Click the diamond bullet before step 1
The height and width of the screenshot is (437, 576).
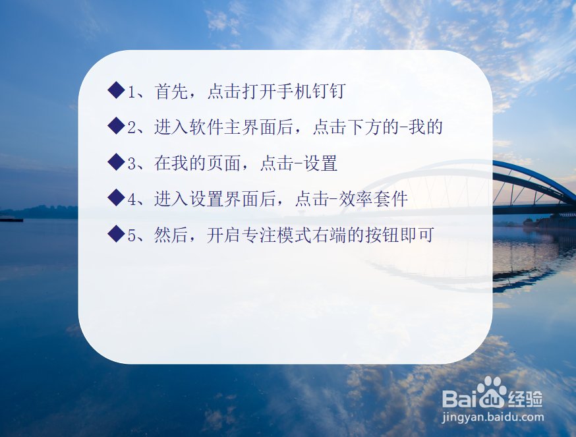[x=116, y=90]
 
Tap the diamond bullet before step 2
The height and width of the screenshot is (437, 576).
[x=116, y=126]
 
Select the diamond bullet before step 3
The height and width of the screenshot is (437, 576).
[x=116, y=161]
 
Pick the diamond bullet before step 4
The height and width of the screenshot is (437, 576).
[x=116, y=198]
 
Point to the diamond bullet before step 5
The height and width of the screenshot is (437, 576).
[x=116, y=234]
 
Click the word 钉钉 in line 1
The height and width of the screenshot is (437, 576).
[x=329, y=91]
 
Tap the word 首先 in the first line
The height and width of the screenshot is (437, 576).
[x=171, y=91]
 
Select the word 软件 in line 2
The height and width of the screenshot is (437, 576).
[x=207, y=127]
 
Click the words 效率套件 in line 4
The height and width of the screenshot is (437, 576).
[x=373, y=199]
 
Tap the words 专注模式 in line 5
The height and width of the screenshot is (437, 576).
[x=277, y=235]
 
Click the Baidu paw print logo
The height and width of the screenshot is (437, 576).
[x=491, y=392]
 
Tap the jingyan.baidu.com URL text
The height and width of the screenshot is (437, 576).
[x=492, y=417]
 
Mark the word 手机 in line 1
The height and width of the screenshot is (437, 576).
[x=294, y=91]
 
